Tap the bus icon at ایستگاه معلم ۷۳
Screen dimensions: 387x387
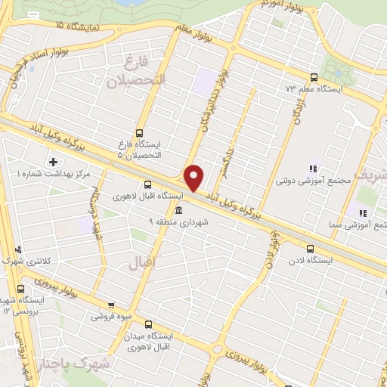point(314,77)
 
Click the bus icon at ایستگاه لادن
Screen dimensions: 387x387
point(310,248)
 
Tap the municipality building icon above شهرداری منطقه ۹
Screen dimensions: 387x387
point(178,211)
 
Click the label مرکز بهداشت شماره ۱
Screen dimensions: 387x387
point(52,174)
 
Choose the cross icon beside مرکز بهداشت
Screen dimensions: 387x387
point(52,161)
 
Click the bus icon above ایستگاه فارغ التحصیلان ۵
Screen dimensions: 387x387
point(138,130)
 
